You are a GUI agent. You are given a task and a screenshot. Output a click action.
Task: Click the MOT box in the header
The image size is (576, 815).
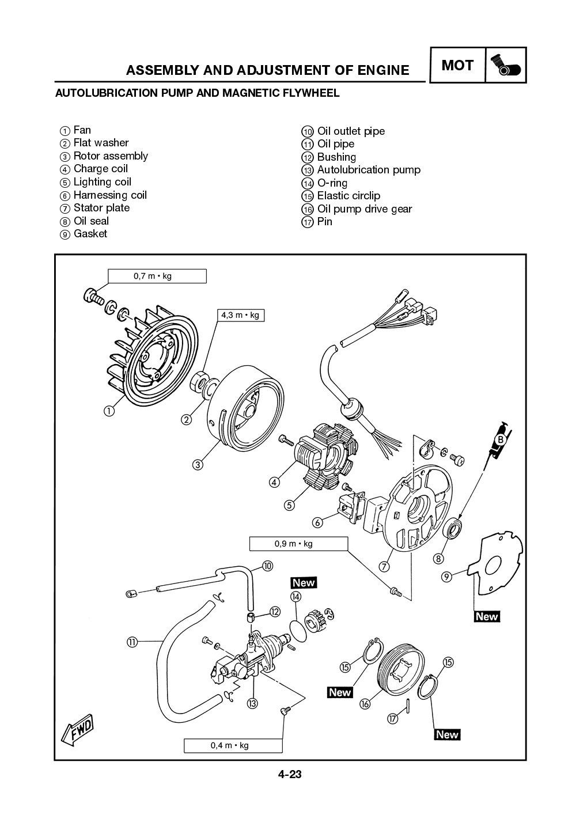click(x=457, y=65)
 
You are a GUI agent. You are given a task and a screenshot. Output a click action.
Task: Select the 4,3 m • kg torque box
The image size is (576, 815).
click(x=240, y=315)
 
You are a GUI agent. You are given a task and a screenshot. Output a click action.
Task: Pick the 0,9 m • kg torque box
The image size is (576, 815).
click(x=298, y=543)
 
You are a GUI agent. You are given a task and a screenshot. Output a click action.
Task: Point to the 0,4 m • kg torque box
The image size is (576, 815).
click(x=233, y=745)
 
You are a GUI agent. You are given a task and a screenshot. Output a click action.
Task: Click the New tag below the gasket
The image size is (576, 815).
click(x=486, y=616)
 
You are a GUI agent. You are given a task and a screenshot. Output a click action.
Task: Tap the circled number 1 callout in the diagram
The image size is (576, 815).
click(x=108, y=411)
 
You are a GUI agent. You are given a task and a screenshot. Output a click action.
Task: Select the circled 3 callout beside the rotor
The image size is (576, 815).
click(x=198, y=464)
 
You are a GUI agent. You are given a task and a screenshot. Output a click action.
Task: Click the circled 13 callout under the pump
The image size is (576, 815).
click(x=252, y=703)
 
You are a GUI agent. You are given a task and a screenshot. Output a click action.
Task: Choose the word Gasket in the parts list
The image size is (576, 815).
click(x=90, y=234)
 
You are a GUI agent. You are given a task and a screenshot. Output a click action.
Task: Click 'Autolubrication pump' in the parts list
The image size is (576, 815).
click(x=369, y=170)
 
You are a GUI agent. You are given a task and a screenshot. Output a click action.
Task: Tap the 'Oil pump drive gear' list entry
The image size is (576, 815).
click(x=364, y=209)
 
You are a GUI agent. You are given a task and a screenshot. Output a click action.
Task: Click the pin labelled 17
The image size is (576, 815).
click(x=408, y=704)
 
